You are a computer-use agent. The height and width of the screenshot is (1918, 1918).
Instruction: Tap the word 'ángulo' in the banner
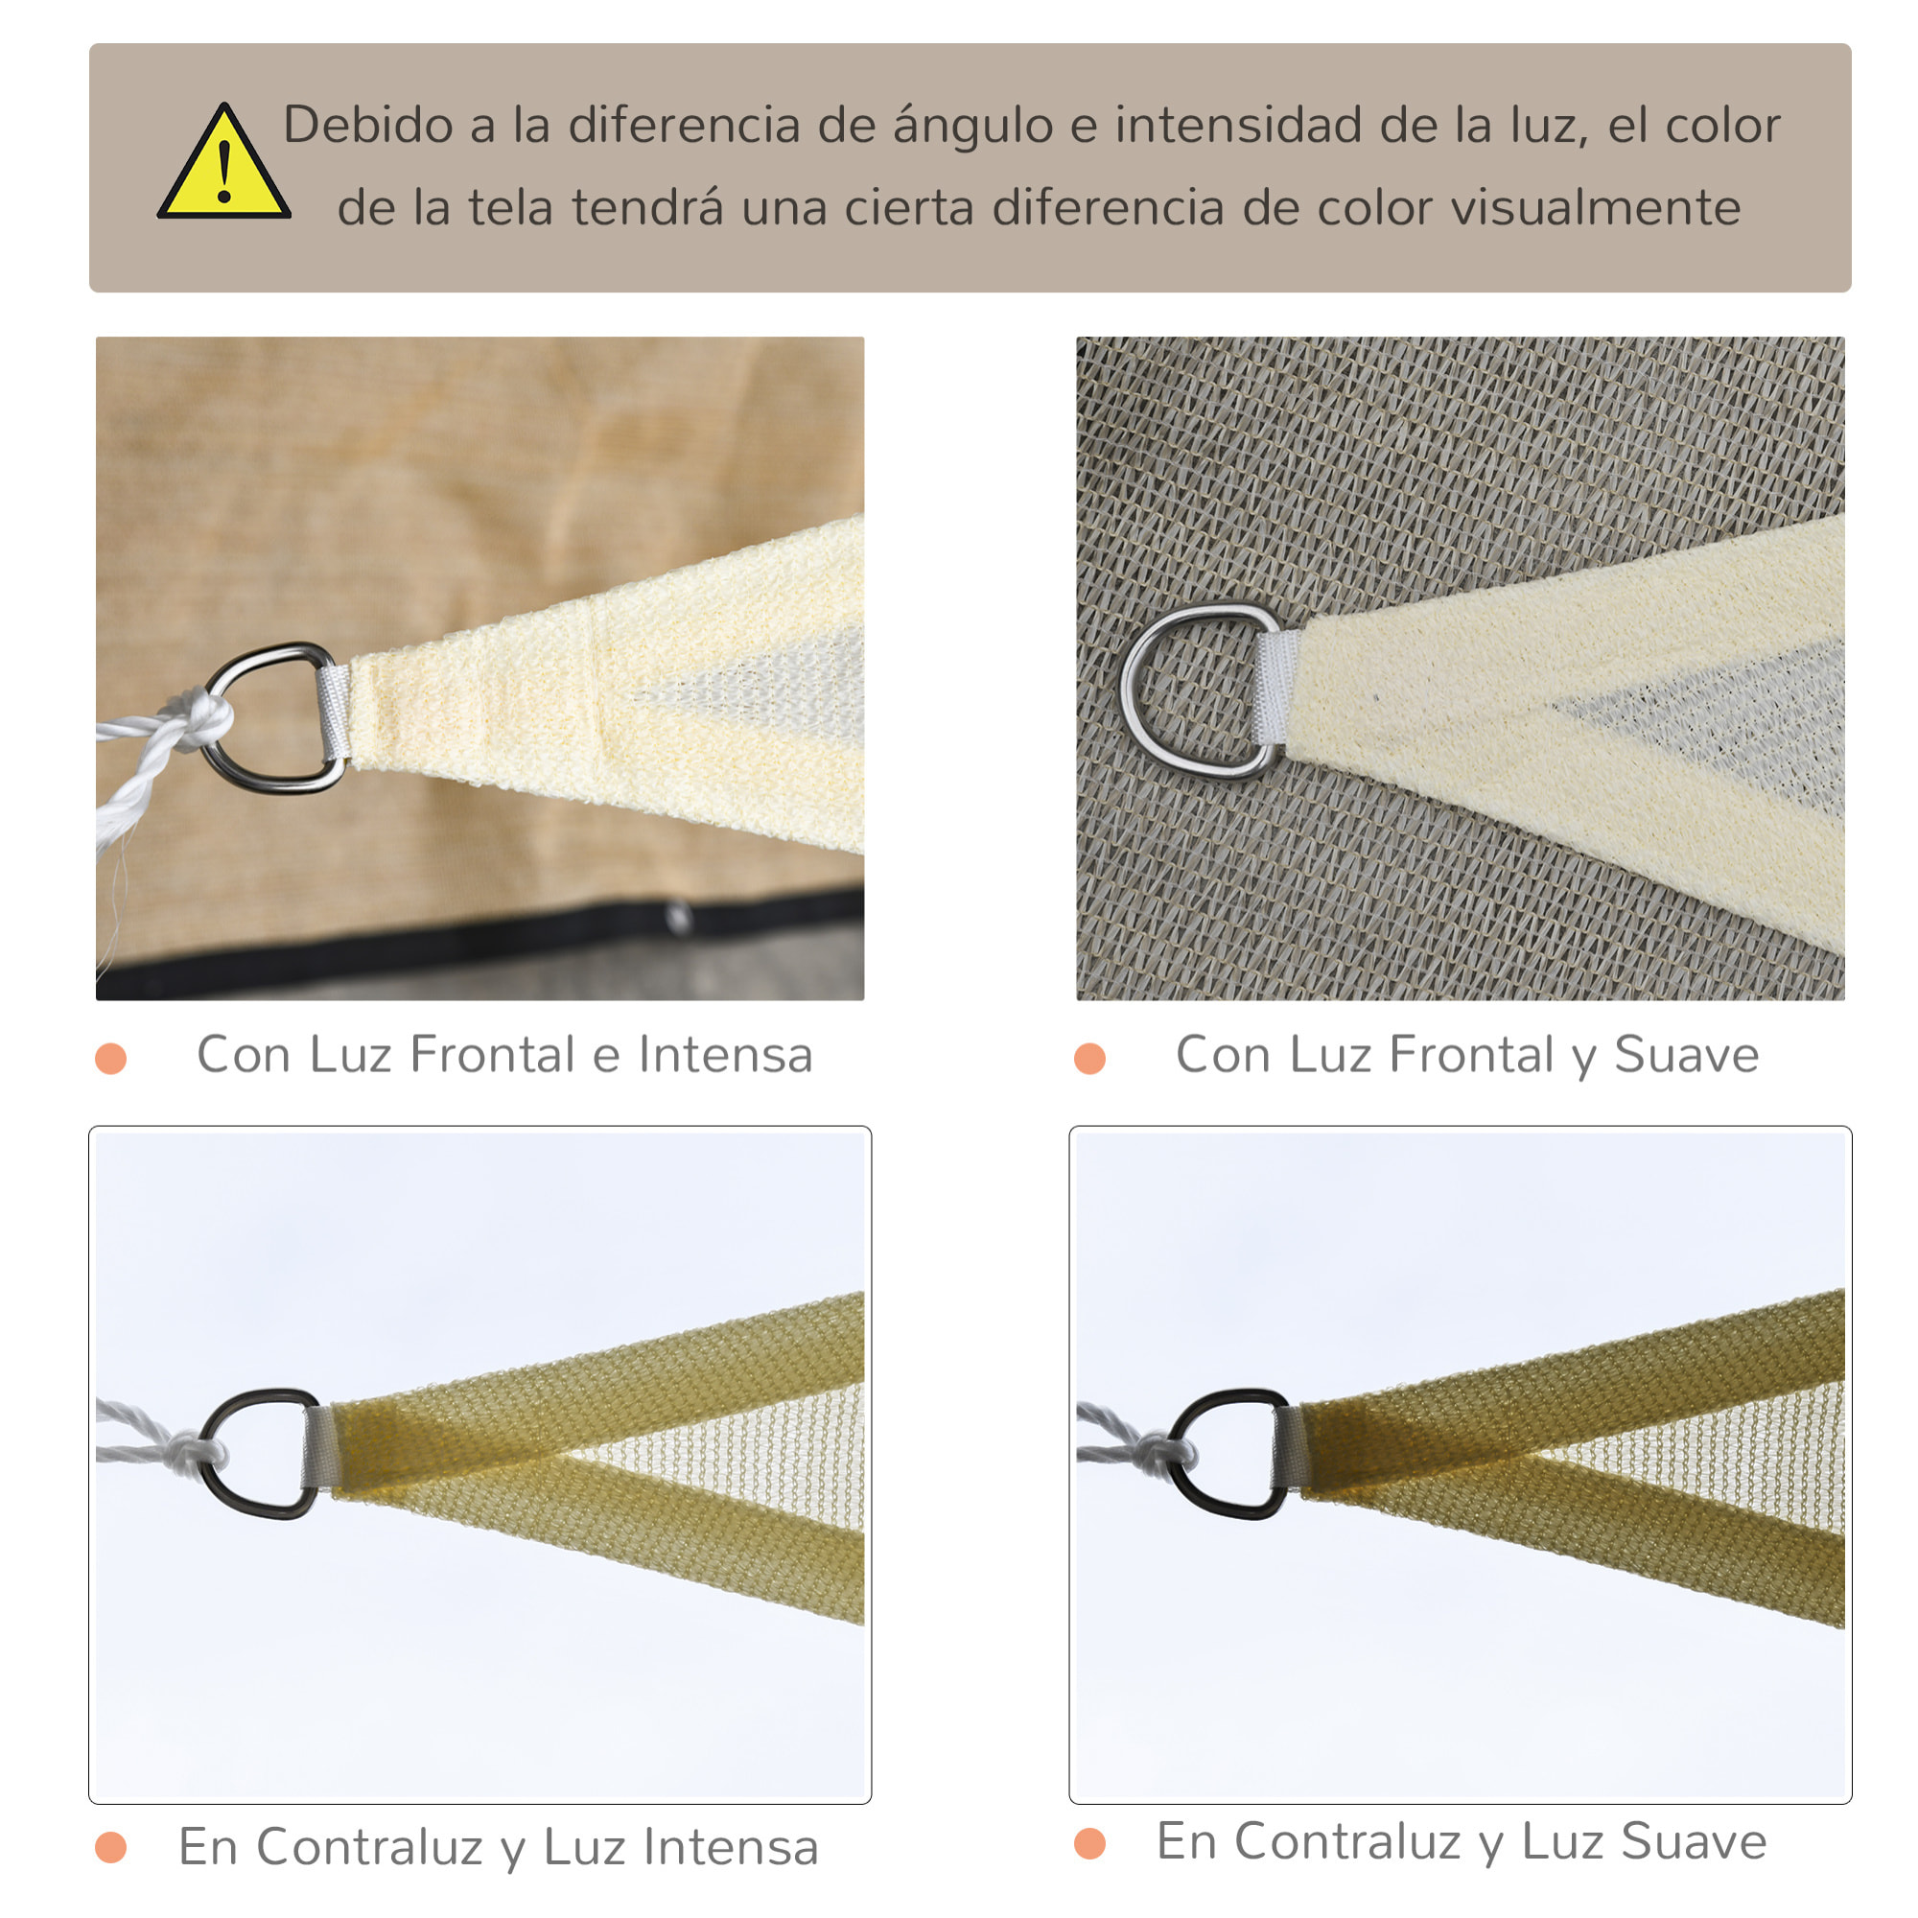pos(971,126)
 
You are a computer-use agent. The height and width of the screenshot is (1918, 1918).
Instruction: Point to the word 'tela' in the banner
pos(509,208)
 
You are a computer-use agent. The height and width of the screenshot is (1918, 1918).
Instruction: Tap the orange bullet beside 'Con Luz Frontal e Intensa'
pos(111,1059)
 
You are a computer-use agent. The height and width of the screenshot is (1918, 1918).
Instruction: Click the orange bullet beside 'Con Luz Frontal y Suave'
pos(1090,1059)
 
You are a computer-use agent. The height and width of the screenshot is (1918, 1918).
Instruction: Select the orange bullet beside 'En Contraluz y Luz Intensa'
pos(111,1848)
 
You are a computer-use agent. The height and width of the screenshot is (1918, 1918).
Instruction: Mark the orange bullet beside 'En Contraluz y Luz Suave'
pos(1090,1843)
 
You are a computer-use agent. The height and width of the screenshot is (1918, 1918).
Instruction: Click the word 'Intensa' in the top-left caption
pos(725,1054)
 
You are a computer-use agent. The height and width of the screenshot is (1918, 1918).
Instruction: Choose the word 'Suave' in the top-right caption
pos(1686,1054)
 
